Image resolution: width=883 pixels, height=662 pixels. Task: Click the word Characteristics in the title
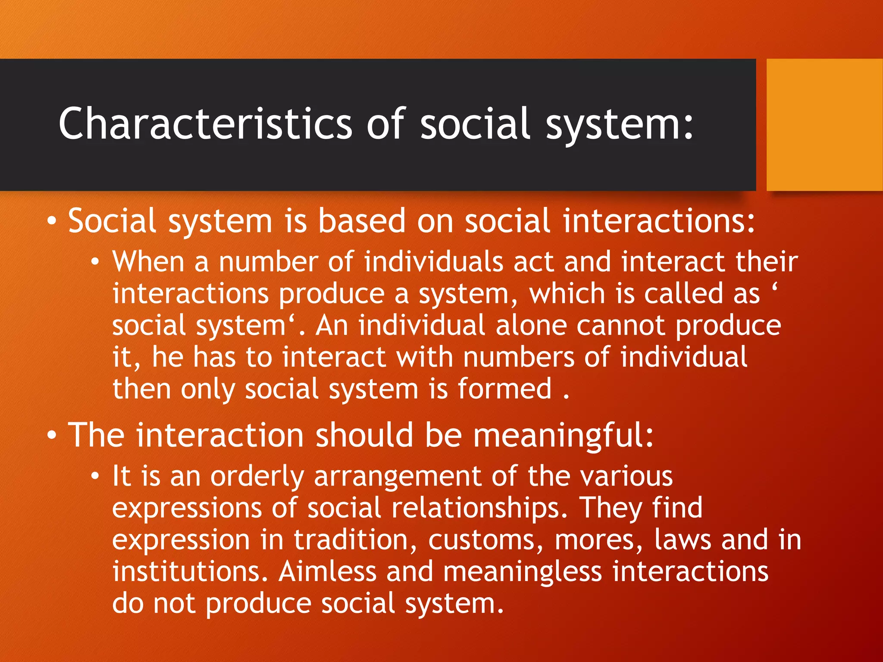pyautogui.click(x=206, y=124)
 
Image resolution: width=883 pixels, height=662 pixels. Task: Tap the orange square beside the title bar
pyautogui.click(x=824, y=125)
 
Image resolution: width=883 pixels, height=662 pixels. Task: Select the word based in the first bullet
pyautogui.click(x=362, y=221)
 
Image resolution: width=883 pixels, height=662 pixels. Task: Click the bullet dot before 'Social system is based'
pyautogui.click(x=52, y=221)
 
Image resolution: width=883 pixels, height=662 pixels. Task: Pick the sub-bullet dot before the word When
pyautogui.click(x=95, y=262)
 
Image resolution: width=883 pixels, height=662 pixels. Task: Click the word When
pyautogui.click(x=148, y=262)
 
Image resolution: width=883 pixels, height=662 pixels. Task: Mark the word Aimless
pyautogui.click(x=328, y=571)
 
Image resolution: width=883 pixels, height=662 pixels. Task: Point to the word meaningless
pyautogui.click(x=522, y=571)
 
